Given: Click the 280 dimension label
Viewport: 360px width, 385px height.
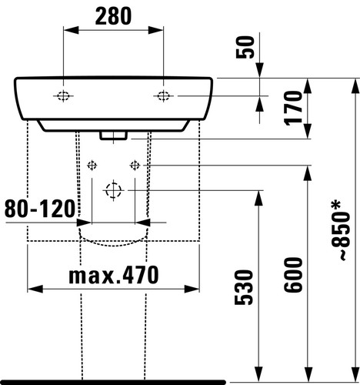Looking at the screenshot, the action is [x=113, y=16].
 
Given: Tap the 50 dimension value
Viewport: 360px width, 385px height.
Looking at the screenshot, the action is [x=245, y=47].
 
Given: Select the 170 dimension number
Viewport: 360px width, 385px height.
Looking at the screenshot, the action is [x=293, y=108].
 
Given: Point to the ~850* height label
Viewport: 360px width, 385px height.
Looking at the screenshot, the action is [x=341, y=231].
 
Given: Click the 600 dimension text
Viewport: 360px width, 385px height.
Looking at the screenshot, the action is [x=293, y=275].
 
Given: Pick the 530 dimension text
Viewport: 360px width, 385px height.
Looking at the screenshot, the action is [x=244, y=287].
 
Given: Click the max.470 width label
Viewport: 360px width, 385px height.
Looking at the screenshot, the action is [x=114, y=275].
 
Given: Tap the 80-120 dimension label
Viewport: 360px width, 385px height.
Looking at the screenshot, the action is [x=40, y=209].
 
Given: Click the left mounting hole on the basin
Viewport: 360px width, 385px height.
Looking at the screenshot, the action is [x=63, y=96].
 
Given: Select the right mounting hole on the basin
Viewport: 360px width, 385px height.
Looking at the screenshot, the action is [x=163, y=96].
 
